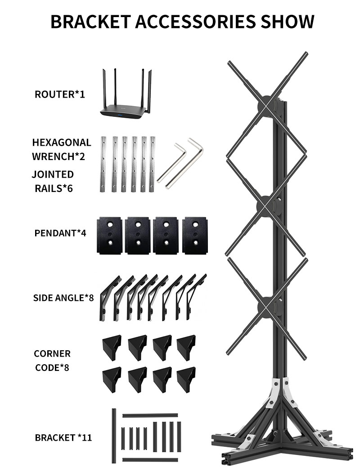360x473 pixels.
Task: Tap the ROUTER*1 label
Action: pyautogui.click(x=59, y=94)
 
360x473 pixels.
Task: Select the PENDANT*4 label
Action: pyautogui.click(x=59, y=233)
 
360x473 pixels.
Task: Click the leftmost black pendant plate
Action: pyautogui.click(x=109, y=235)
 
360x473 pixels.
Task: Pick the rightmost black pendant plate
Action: pyautogui.click(x=196, y=235)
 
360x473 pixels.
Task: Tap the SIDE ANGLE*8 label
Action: pyautogui.click(x=63, y=298)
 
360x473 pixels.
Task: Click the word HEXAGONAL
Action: pyautogui.click(x=61, y=143)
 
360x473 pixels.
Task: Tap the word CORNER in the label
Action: pyautogui.click(x=52, y=354)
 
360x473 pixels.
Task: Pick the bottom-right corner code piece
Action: pyautogui.click(x=185, y=378)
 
